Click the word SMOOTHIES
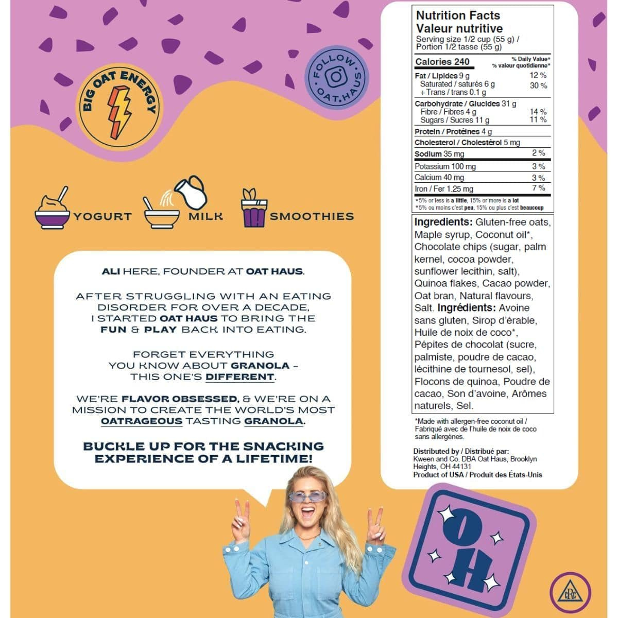tap(312, 216)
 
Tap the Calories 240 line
tap(442, 62)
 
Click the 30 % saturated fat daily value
tap(538, 85)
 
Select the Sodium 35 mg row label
tap(439, 154)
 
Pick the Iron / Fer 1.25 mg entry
tap(444, 189)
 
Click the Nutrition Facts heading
tap(458, 15)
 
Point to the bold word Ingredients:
tap(443, 222)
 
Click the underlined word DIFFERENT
tap(239, 377)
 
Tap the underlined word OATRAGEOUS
tap(142, 421)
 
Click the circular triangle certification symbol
tap(570, 593)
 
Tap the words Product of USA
tap(438, 475)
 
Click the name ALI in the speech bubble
tap(111, 271)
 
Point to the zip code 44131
tap(460, 467)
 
